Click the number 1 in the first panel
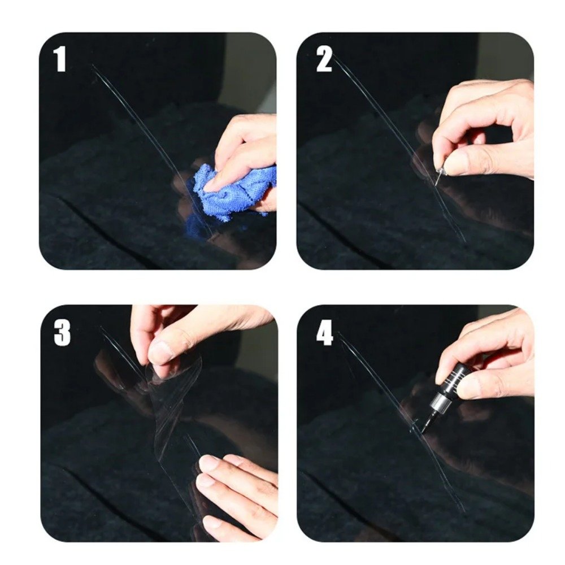[x=60, y=59]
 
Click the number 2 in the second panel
[x=324, y=59]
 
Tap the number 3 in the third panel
[x=62, y=333]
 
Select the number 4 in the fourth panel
[x=324, y=334]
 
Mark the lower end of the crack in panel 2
[x=463, y=240]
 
